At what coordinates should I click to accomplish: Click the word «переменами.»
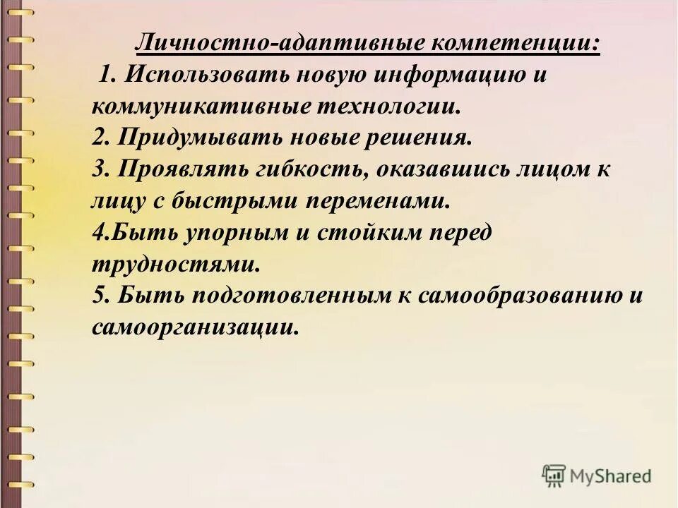coord(377,201)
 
